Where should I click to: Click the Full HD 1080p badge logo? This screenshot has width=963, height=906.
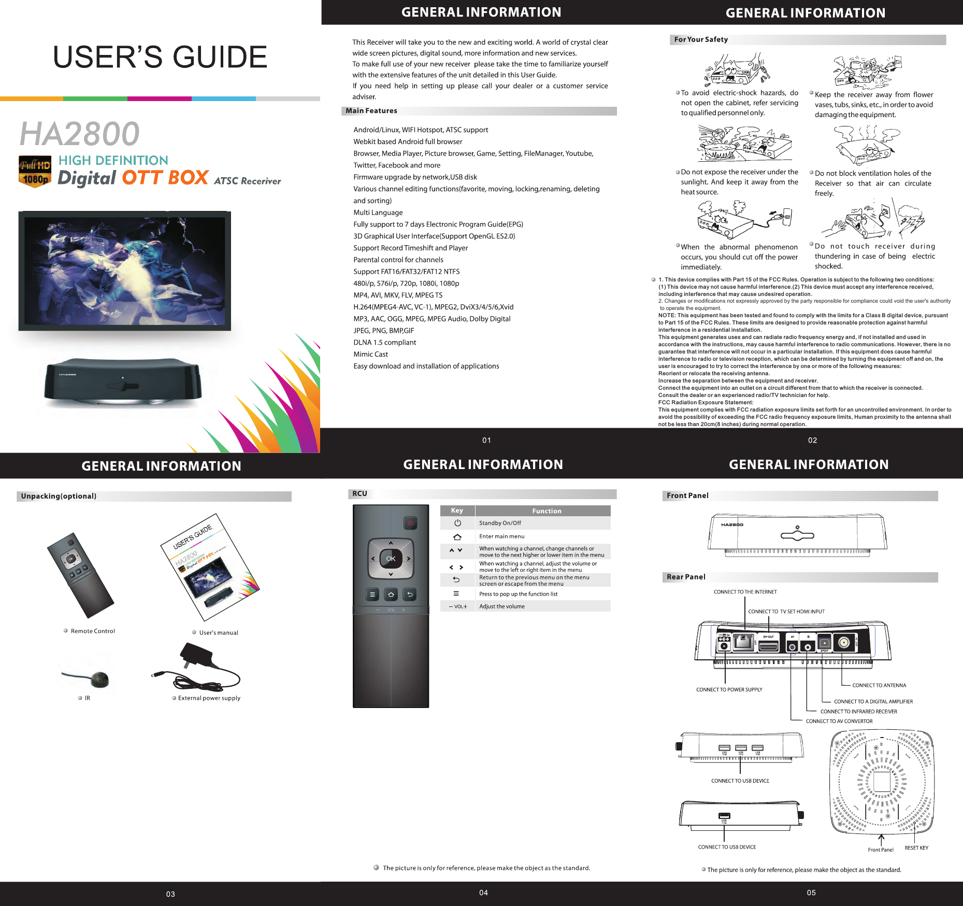click(x=35, y=172)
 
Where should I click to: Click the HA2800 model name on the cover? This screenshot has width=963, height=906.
click(x=80, y=134)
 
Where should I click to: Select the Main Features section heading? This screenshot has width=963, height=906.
click(x=371, y=111)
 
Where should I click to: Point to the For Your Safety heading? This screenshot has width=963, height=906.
click(x=701, y=39)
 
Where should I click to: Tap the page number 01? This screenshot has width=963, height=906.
click(x=486, y=440)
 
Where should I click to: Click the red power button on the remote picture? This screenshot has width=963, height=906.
click(x=410, y=523)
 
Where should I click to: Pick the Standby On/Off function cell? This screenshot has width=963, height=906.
click(x=500, y=523)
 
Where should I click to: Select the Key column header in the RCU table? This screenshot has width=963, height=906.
click(x=457, y=511)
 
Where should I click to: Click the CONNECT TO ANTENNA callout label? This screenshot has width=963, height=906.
click(x=879, y=685)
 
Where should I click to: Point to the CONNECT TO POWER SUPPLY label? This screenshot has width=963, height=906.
click(x=729, y=690)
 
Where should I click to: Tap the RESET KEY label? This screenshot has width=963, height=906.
click(x=916, y=848)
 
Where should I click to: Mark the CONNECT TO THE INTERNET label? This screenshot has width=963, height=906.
click(x=745, y=592)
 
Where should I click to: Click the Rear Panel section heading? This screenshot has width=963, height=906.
click(x=686, y=577)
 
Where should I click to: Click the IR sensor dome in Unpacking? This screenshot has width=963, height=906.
click(x=99, y=678)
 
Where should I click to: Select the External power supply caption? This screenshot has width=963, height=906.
click(x=209, y=698)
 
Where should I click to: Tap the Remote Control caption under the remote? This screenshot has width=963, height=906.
click(x=93, y=631)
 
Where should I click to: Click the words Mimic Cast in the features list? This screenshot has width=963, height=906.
click(x=370, y=355)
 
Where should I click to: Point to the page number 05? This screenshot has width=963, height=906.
click(x=811, y=893)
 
